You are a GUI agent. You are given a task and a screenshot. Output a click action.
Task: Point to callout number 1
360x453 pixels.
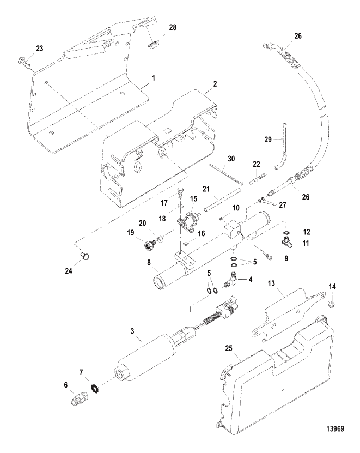pyautogui.click(x=154, y=78)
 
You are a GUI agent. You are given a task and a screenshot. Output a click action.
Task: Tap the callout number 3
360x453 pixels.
pyautogui.click(x=139, y=339)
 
